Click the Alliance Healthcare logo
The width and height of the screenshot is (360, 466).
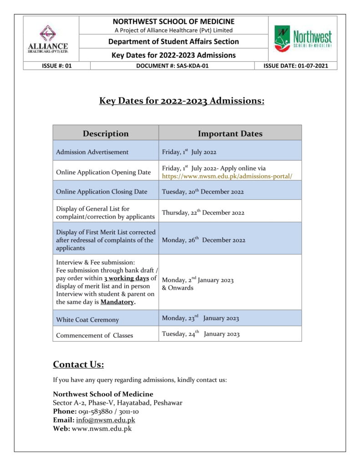click(x=51, y=40)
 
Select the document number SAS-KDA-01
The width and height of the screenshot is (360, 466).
click(x=172, y=66)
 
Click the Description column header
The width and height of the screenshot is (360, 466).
click(x=106, y=133)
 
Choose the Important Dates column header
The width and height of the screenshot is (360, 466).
click(x=230, y=133)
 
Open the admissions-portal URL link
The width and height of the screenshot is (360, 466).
click(x=227, y=176)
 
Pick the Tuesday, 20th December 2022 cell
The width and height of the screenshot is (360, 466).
click(x=203, y=192)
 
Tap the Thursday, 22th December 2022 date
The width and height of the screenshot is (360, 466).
click(x=203, y=213)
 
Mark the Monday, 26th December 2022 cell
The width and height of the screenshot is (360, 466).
click(x=203, y=240)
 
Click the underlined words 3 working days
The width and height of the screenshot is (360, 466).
click(x=126, y=278)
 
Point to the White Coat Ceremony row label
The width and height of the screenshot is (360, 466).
click(x=87, y=319)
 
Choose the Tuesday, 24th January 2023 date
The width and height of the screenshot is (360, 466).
click(x=201, y=334)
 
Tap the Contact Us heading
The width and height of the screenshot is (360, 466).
click(x=78, y=364)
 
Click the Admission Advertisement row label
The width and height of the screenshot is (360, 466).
click(x=92, y=152)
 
